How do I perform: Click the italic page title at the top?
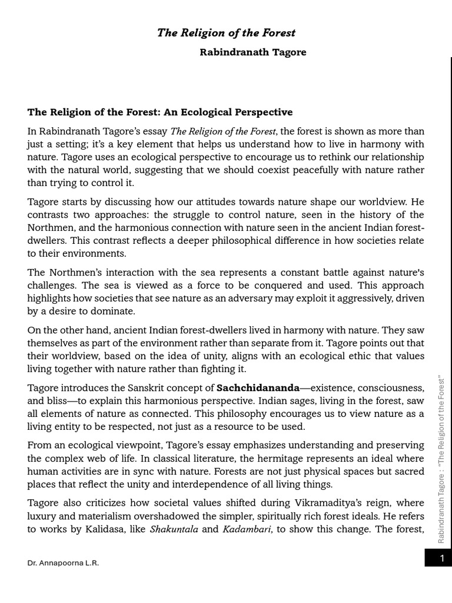(x=226, y=33)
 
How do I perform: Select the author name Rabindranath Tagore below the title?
(x=253, y=52)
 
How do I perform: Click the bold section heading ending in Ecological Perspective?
(x=160, y=112)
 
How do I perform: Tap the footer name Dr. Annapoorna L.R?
(x=63, y=563)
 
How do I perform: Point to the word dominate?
(x=115, y=311)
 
